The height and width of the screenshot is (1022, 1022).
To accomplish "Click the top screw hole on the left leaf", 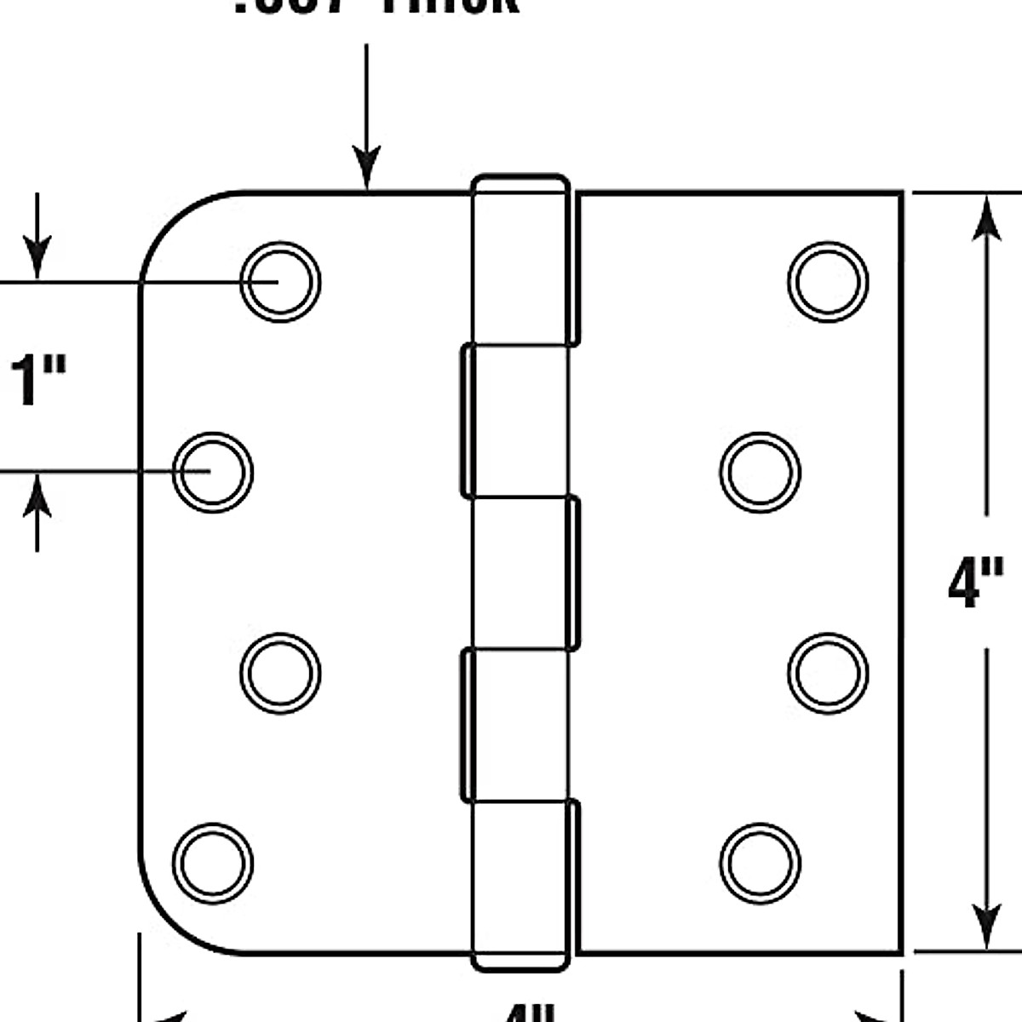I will click(280, 282).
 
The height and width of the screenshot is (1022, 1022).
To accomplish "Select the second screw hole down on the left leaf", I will click(213, 473).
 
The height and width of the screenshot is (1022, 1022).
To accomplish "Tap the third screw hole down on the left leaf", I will click(280, 673).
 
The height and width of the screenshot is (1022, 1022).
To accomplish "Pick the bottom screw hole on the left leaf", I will click(213, 863).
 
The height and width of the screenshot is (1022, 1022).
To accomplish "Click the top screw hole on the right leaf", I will click(828, 282).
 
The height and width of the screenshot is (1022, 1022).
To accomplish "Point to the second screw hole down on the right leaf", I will click(760, 473).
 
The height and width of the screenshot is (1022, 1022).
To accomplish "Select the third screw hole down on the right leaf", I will click(828, 673).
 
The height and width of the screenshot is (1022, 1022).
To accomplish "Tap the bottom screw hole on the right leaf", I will click(760, 863).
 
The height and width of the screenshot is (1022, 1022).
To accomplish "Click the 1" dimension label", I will click(37, 381).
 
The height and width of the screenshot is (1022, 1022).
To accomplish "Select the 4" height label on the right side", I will click(976, 583).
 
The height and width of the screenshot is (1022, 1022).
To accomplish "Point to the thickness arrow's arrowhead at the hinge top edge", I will click(367, 170).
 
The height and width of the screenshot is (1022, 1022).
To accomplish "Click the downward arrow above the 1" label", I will click(37, 255).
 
